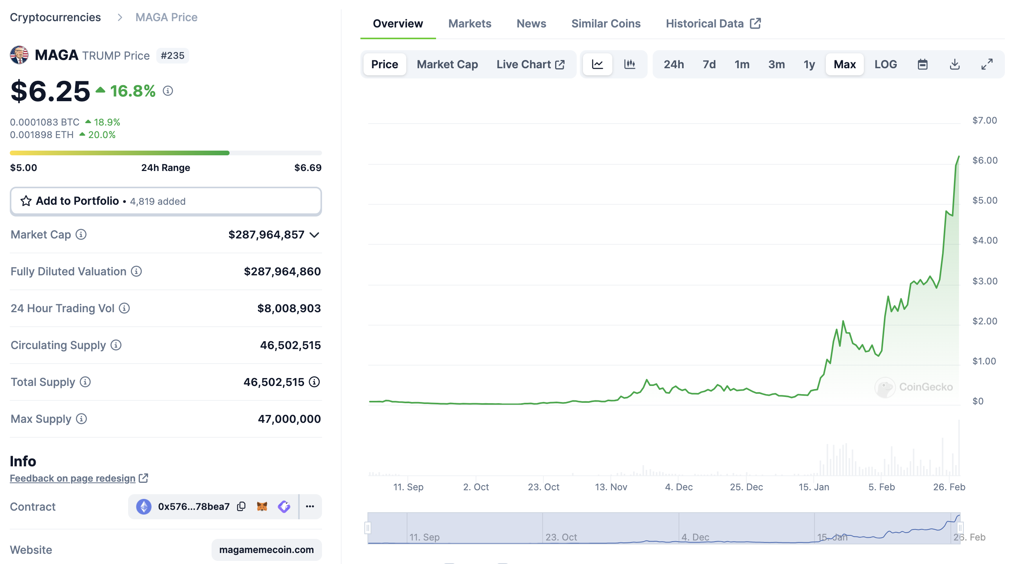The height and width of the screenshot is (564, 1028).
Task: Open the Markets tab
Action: pos(469,24)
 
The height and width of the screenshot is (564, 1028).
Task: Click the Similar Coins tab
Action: pos(605,24)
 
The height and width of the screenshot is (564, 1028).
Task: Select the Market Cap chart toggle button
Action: pos(447,64)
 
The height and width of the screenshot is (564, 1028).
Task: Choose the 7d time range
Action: pos(709,64)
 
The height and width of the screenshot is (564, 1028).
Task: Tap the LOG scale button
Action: pos(885,64)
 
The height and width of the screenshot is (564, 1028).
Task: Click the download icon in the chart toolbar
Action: pos(954,64)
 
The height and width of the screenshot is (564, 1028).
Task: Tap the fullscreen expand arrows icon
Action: pos(986,64)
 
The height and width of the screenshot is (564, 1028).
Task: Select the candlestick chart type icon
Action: pos(629,64)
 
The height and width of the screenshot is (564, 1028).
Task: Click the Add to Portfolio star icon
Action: pos(26,201)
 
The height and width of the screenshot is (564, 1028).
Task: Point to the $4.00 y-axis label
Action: pos(985,240)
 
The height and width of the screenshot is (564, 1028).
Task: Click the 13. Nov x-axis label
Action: pos(611,487)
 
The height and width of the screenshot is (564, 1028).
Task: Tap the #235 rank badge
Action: pos(172,56)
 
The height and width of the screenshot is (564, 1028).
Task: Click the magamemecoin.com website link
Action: pos(266,549)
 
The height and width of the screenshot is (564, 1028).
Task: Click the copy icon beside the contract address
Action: pos(241,506)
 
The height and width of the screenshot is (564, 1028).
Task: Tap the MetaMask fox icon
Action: pos(262,506)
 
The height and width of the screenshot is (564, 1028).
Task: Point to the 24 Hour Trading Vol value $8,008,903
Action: pos(288,308)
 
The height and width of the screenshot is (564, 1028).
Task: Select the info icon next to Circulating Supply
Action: pos(116,345)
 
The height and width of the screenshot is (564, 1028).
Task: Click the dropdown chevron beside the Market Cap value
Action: pos(315,235)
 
